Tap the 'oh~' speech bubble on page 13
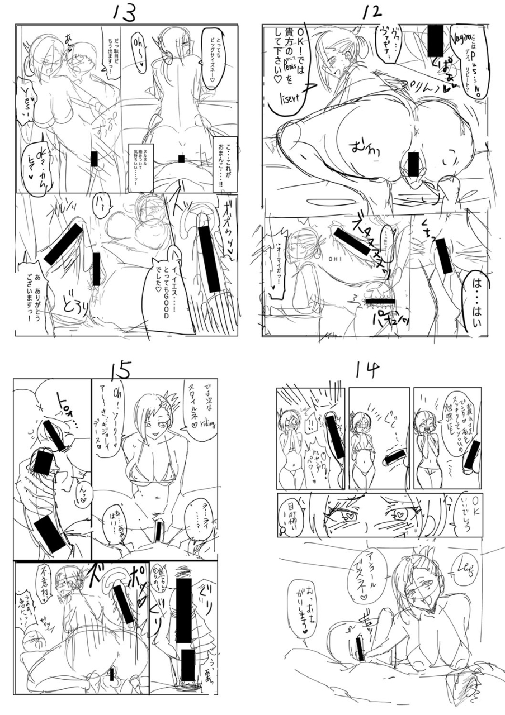pyautogui.click(x=137, y=49)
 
